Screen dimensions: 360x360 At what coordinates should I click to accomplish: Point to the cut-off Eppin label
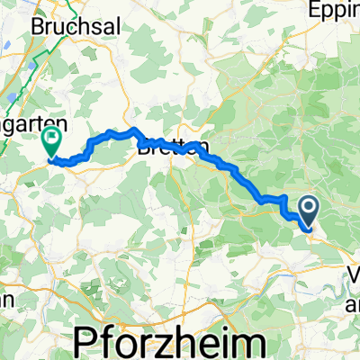(x=335, y=11)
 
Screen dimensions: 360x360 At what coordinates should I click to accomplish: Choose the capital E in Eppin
(x=317, y=11)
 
